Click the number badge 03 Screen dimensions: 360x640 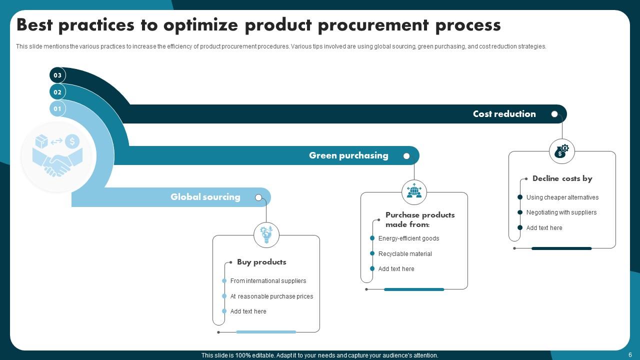[57, 75]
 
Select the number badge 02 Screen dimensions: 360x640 [57, 92]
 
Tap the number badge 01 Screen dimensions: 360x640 [57, 108]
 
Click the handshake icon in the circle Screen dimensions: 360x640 [57, 156]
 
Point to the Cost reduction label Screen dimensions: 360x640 [504, 114]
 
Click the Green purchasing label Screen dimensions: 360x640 [348, 155]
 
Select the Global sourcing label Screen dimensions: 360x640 [205, 197]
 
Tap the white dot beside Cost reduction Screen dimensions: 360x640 [554, 114]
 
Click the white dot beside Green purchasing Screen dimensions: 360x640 [406, 156]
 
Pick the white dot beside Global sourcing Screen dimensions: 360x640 [258, 197]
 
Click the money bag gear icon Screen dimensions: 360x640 [561, 151]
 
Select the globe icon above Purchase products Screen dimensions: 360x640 [414, 192]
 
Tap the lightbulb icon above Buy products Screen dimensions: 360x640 [266, 234]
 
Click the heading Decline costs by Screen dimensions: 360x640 [562, 178]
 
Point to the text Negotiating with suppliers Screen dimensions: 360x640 [561, 212]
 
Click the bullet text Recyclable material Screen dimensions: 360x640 [405, 254]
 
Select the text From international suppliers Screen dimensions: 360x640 [268, 281]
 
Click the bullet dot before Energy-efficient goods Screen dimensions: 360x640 [372, 238]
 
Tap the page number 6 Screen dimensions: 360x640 [630, 355]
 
